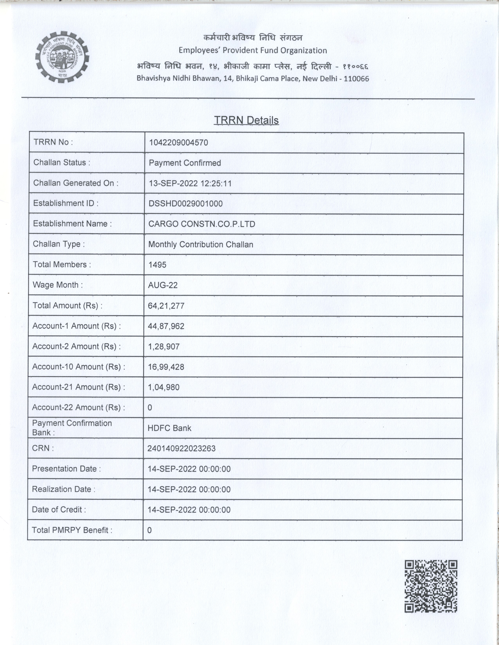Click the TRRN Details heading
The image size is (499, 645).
pos(246,120)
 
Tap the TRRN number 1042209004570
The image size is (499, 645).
pos(178,143)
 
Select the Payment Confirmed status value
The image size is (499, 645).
pos(185,163)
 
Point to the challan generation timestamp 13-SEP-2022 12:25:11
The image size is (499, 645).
pos(190,183)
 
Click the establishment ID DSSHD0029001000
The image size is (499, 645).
pos(185,203)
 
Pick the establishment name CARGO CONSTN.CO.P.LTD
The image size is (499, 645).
pos(202,224)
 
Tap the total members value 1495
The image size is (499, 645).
pos(157,265)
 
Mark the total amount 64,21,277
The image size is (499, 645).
pos(166,306)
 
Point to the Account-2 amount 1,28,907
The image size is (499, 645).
pos(164,346)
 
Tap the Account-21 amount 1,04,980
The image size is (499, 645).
pos(163,387)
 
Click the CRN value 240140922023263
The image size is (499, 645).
pos(181,449)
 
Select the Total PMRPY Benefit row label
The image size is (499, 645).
pos(72,530)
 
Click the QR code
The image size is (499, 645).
pos(431,586)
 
